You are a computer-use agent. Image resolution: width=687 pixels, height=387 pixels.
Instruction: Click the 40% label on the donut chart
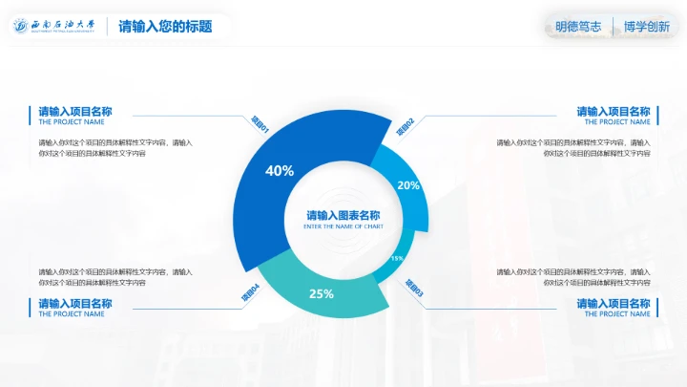280,171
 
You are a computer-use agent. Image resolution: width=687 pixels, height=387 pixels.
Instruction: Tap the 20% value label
408,185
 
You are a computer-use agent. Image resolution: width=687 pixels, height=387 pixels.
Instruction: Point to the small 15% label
397,258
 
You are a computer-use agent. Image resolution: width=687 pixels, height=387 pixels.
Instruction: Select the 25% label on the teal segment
321,293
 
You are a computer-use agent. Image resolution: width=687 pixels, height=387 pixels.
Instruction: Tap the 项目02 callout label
406,126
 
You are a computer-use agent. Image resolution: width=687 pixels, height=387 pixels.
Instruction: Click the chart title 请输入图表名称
343,216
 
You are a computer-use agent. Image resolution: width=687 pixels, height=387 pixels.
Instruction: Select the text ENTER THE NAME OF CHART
343,226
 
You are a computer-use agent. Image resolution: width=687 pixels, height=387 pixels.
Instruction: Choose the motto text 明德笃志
578,27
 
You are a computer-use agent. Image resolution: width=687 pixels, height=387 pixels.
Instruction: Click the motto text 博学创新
646,27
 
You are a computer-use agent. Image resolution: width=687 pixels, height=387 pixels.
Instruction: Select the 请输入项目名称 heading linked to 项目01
75,112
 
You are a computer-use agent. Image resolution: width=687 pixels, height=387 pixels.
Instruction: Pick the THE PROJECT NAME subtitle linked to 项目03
617,313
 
